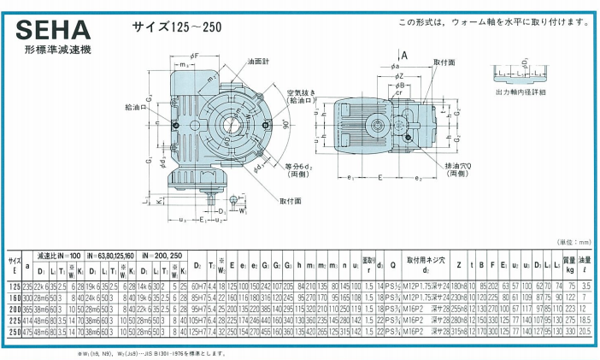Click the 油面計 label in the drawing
[261, 62]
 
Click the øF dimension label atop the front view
[194, 56]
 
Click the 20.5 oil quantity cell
[585, 330]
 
